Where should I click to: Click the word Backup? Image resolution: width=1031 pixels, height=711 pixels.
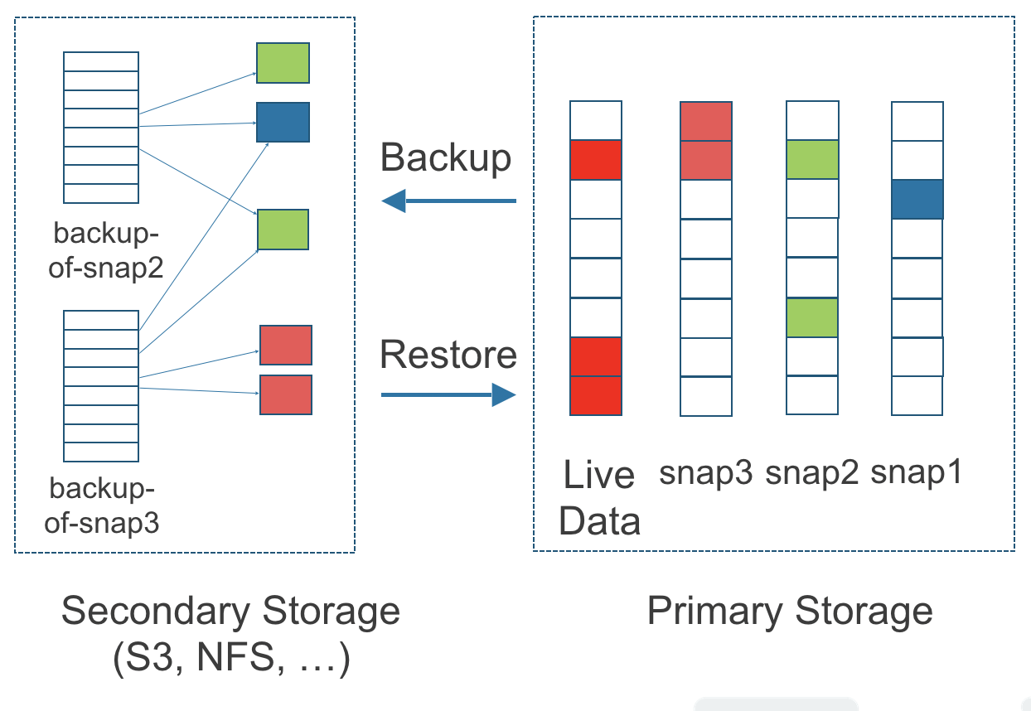click(x=446, y=157)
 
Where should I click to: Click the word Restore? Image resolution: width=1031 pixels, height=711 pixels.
click(x=448, y=355)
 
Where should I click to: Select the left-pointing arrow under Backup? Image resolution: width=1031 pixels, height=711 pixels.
click(x=448, y=201)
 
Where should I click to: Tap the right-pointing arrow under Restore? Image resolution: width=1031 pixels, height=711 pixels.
click(x=448, y=395)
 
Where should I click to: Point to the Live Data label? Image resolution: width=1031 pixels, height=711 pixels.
click(x=599, y=498)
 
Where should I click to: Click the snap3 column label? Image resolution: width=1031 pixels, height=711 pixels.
click(x=706, y=473)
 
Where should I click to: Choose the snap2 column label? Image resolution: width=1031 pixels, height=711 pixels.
click(x=812, y=473)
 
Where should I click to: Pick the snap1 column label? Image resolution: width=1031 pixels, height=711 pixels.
click(x=917, y=473)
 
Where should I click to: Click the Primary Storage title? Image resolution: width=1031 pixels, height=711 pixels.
click(x=790, y=612)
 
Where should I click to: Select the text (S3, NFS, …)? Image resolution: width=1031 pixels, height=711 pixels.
click(x=231, y=660)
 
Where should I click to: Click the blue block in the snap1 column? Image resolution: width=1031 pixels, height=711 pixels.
click(x=917, y=200)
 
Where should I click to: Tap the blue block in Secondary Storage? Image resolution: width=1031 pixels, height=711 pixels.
click(x=283, y=122)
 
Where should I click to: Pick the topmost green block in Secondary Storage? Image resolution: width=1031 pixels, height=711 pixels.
click(x=283, y=63)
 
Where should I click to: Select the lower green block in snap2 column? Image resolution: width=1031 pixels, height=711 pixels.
click(x=812, y=317)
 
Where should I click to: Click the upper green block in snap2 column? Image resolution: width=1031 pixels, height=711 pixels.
click(x=812, y=160)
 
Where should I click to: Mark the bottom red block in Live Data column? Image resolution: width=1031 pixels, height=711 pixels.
click(x=596, y=395)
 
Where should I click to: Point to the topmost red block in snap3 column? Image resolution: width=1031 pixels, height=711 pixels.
click(x=706, y=121)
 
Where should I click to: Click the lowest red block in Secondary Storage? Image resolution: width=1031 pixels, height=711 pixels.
click(x=286, y=394)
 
